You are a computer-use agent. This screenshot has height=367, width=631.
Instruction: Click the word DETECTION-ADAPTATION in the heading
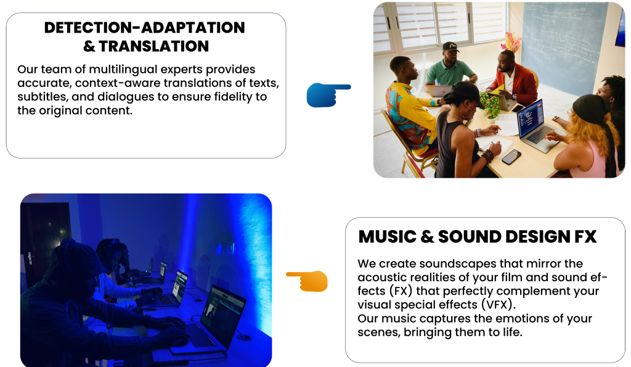144,27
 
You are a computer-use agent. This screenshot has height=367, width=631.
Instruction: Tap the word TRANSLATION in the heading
153,46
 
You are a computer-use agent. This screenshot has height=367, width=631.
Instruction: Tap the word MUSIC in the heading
387,236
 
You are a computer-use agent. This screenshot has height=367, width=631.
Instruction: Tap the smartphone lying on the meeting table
511,157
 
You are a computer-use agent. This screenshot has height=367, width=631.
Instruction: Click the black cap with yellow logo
450,47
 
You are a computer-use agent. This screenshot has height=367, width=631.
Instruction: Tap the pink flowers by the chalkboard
510,42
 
